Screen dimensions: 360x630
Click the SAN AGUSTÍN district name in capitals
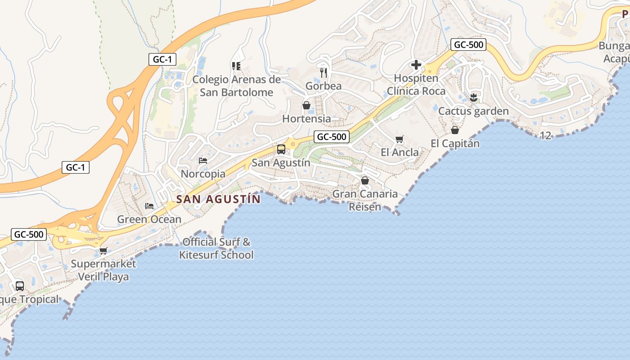pyautogui.click(x=218, y=199)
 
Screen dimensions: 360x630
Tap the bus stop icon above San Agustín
pyautogui.click(x=281, y=149)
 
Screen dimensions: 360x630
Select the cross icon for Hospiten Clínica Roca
pyautogui.click(x=416, y=65)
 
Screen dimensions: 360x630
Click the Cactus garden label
pyautogui.click(x=473, y=111)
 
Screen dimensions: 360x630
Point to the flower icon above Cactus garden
pyautogui.click(x=473, y=97)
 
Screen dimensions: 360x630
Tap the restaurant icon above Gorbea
pyautogui.click(x=324, y=72)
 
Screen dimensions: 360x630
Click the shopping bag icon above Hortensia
pyautogui.click(x=306, y=105)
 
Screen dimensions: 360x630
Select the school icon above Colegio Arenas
pyautogui.click(x=236, y=66)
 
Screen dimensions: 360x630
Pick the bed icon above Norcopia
pyautogui.click(x=203, y=160)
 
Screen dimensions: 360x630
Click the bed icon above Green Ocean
pyautogui.click(x=149, y=206)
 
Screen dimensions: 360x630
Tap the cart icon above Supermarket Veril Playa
pyautogui.click(x=103, y=251)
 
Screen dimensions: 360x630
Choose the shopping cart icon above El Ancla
pyautogui.click(x=399, y=139)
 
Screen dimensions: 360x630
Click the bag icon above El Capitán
pyautogui.click(x=455, y=130)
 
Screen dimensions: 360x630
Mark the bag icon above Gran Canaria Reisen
pyautogui.click(x=365, y=180)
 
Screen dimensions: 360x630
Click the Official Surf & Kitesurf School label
pyautogui.click(x=216, y=248)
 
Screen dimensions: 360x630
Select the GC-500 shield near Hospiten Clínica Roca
pyautogui.click(x=468, y=45)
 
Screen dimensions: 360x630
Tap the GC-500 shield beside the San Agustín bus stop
pyautogui.click(x=332, y=137)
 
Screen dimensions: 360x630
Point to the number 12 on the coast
pyautogui.click(x=545, y=135)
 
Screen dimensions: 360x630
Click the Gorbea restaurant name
pyautogui.click(x=324, y=86)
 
